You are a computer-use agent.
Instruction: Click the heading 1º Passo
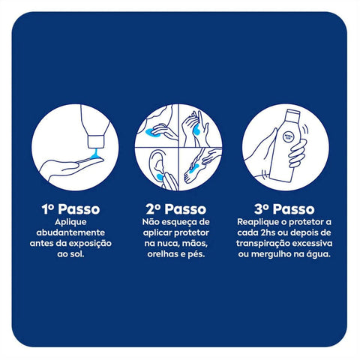pyautogui.click(x=70, y=209)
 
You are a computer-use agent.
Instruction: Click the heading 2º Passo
pyautogui.click(x=176, y=209)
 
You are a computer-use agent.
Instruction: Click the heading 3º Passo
pyautogui.click(x=284, y=209)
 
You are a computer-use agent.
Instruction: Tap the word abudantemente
pyautogui.click(x=70, y=232)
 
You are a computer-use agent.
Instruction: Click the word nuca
pyautogui.click(x=167, y=243)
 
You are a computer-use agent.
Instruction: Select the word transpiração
pyautogui.click(x=263, y=244)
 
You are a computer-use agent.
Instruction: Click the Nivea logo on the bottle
pyautogui.click(x=287, y=136)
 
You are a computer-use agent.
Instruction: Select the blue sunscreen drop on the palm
pyautogui.click(x=94, y=155)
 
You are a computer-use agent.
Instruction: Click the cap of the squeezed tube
pyautogui.click(x=96, y=142)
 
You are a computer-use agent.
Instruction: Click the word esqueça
pyautogui.click(x=176, y=222)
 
